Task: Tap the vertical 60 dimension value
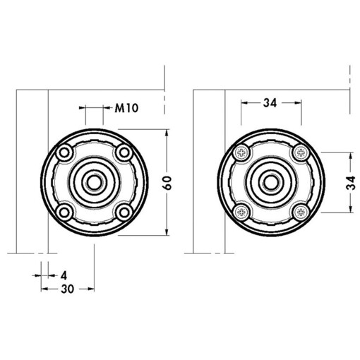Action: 167,182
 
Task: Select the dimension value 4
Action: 64,273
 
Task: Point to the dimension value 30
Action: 68,289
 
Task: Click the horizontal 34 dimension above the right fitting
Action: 270,103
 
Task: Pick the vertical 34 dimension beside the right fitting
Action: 351,182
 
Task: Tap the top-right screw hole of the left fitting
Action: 124,152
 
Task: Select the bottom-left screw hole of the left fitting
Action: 64,212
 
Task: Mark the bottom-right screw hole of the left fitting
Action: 124,212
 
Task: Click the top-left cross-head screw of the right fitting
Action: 242,152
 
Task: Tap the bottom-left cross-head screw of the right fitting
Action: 242,212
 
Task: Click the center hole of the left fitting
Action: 94,182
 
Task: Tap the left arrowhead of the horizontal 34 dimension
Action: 244,103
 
